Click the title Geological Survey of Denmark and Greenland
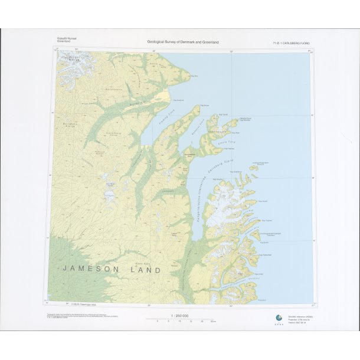[x=183, y=42]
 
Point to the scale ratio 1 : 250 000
[x=179, y=316]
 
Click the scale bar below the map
[x=179, y=320]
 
